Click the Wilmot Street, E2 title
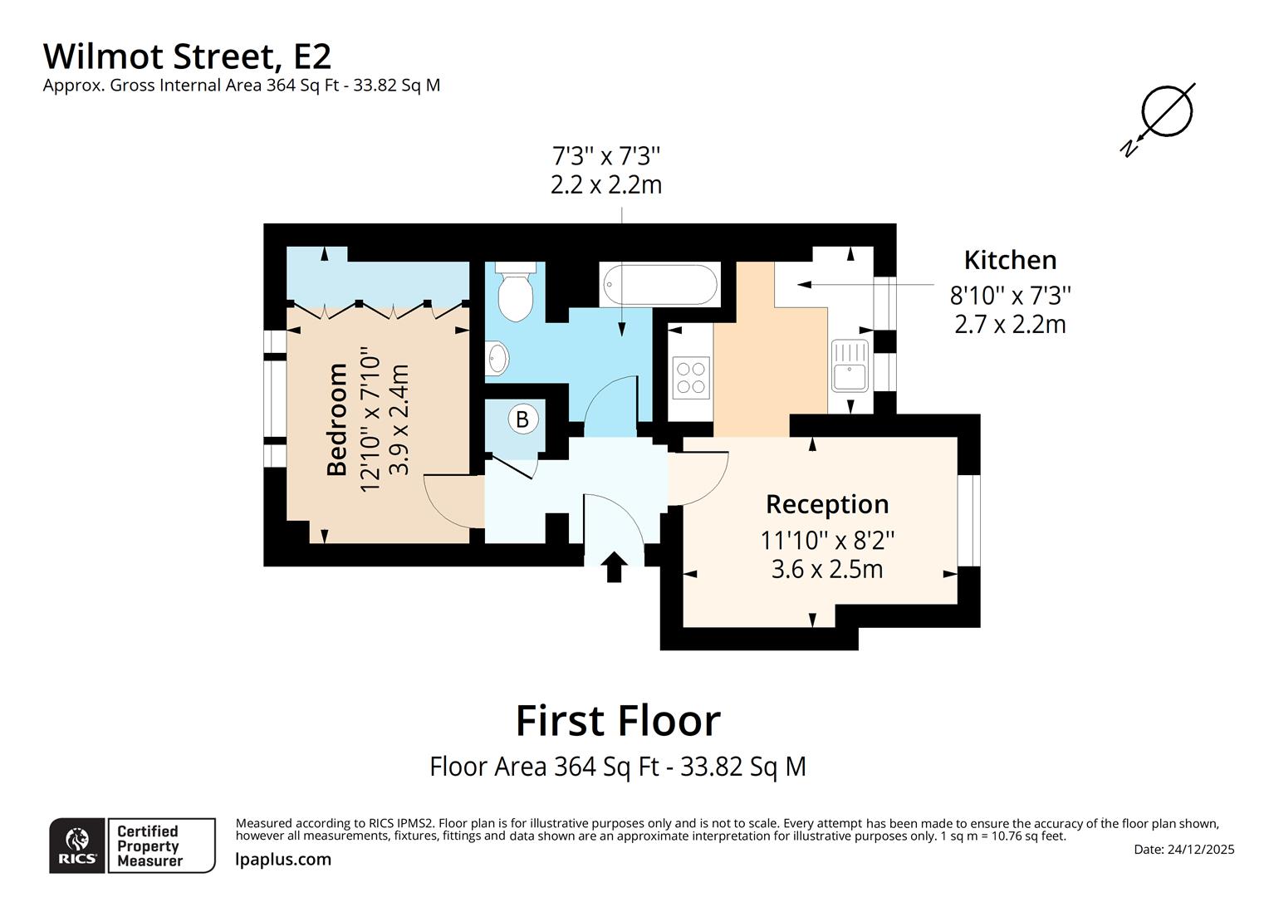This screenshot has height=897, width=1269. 187,56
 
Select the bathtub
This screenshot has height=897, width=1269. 659,285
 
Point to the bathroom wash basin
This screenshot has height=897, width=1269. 497,359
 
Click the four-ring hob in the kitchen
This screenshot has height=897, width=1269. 690,377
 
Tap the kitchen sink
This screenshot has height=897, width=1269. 850,365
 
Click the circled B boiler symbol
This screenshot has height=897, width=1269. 522,419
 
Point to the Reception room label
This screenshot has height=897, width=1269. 826,504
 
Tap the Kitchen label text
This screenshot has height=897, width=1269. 1010,260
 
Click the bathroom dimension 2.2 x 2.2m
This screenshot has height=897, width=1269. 606,184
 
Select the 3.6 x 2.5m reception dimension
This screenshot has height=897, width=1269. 826,570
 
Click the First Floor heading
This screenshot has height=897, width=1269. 618,720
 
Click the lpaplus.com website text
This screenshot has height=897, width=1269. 283,860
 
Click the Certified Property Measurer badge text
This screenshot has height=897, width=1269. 148,846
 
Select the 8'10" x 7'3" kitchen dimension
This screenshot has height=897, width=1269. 1010,295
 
